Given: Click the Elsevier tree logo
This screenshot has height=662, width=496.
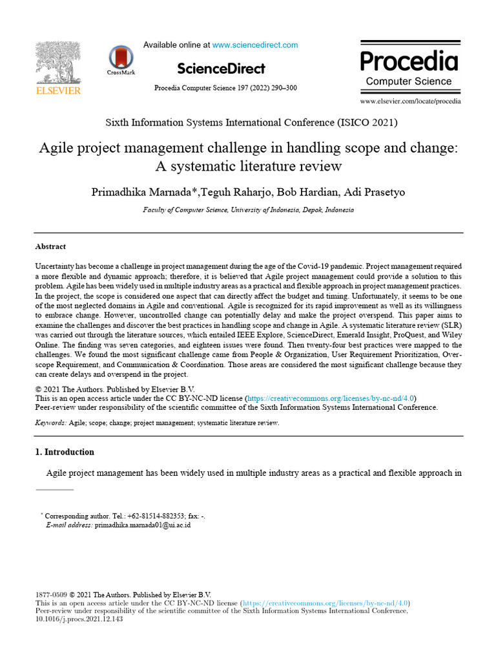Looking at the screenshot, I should [58, 63].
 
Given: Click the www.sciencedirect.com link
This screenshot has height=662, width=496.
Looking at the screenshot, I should [255, 45].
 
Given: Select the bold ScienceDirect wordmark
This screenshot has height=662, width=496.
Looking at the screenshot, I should [221, 69].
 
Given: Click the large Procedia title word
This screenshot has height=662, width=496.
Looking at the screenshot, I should [409, 61].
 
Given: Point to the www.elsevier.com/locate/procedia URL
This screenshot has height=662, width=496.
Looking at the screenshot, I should [410, 101].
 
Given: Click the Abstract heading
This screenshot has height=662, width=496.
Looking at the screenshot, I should [50, 247].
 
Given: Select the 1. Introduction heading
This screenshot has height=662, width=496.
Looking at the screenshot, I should [65, 452].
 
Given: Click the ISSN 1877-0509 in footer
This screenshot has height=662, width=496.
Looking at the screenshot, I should [51, 595].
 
